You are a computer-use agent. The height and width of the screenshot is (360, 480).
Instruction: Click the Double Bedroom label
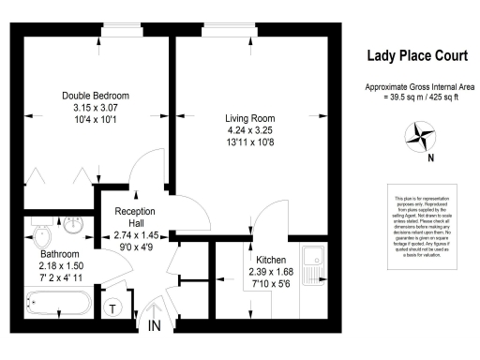pyautogui.click(x=95, y=96)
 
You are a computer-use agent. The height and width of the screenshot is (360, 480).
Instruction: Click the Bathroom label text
pyautogui.click(x=59, y=254)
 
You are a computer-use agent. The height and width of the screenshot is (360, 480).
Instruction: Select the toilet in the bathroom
pyautogui.click(x=42, y=232)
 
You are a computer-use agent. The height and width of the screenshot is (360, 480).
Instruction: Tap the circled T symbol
pyautogui.click(x=113, y=308)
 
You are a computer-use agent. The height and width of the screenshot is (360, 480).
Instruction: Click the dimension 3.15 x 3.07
pyautogui.click(x=95, y=108)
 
